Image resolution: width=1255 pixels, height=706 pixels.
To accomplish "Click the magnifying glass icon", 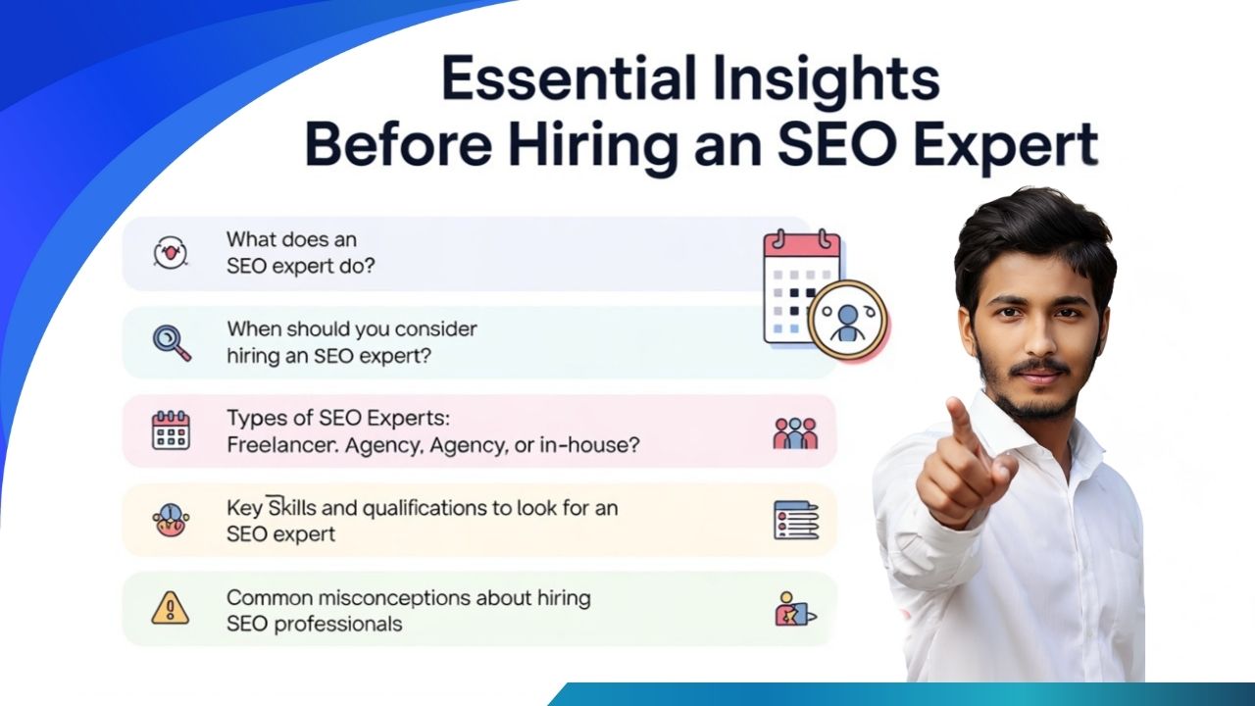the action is pos(172,343).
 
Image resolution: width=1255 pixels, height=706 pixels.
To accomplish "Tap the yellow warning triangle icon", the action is pos(171,609).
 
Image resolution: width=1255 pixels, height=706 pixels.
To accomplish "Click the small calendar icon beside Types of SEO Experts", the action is pos(171,430).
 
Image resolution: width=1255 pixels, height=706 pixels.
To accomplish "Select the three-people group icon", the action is pos(795,433).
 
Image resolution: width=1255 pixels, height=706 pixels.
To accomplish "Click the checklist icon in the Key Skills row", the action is pos(796,520).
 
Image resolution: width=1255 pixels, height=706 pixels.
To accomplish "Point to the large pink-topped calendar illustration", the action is pos(802,285).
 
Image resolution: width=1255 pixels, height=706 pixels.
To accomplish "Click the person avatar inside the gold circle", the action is pos(848,323).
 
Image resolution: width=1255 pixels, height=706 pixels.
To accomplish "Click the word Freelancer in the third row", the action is pos(282,445).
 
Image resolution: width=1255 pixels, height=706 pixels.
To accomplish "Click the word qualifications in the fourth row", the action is pos(425,509).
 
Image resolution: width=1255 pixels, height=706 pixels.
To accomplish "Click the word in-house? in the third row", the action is pos(589,445).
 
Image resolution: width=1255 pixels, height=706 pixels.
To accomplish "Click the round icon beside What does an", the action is pos(170,253).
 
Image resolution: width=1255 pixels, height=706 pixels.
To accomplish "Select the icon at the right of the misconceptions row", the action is pos(795,609).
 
